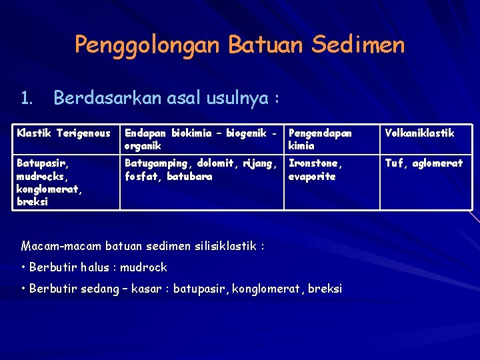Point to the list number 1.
(26, 99)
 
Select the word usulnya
(238, 99)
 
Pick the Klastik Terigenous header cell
(63, 133)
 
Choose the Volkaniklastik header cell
(419, 133)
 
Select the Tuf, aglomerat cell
(423, 163)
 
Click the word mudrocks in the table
(39, 177)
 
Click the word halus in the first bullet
(96, 267)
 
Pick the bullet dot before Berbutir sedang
(24, 289)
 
